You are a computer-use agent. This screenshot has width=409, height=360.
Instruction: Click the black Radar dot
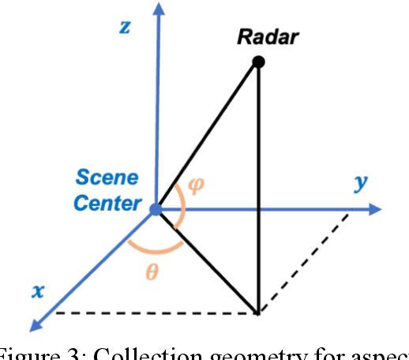(x=257, y=61)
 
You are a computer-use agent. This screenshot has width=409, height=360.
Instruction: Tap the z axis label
(x=124, y=27)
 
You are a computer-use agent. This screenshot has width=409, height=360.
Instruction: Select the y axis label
(x=362, y=183)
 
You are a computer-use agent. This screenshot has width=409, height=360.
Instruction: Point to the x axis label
(x=36, y=290)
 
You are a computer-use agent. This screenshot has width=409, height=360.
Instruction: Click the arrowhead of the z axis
(x=159, y=9)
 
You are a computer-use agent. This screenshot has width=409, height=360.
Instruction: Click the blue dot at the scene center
(x=156, y=209)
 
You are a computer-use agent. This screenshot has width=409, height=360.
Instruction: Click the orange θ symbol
(x=153, y=272)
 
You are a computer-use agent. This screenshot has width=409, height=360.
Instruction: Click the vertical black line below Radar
(x=258, y=189)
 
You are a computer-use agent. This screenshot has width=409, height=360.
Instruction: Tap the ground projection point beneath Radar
(x=258, y=313)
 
